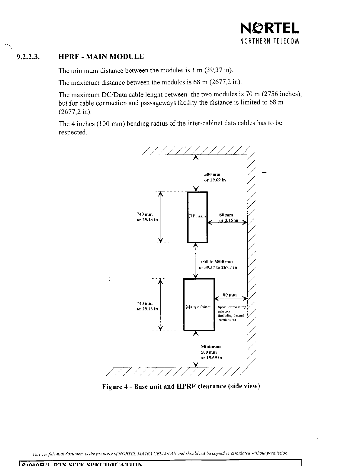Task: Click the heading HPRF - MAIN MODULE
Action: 101,57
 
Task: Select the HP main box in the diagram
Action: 197,217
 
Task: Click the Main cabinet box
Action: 199,304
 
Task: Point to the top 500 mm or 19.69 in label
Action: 215,177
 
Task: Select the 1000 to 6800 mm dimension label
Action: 218,264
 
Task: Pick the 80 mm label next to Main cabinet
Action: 230,295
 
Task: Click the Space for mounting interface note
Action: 231,313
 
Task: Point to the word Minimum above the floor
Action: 211,346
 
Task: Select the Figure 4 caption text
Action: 181,386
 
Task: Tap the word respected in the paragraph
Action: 73,132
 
